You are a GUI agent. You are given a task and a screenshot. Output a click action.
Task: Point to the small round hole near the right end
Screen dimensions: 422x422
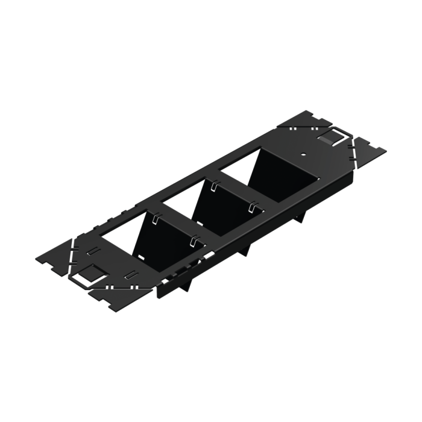[303, 154]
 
